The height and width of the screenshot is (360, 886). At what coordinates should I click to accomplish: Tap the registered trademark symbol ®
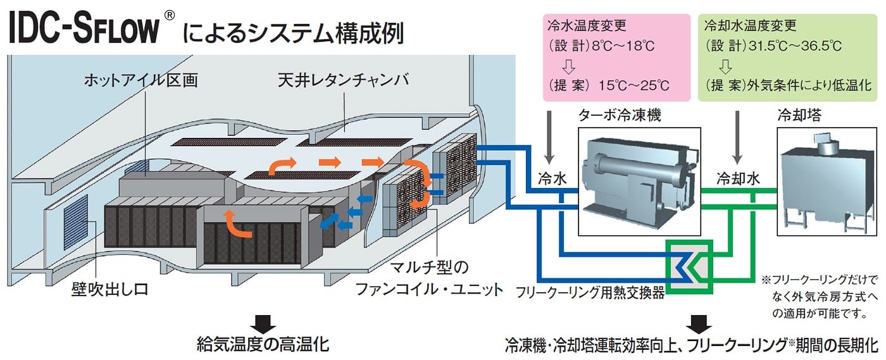(x=168, y=16)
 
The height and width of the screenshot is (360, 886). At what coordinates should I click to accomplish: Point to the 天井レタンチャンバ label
(x=343, y=82)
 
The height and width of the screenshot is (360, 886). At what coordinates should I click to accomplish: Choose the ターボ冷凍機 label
(x=614, y=116)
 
